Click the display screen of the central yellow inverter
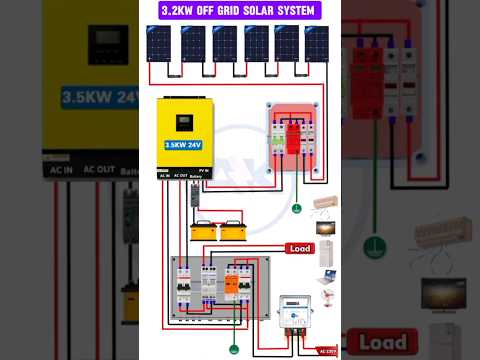point(184,123)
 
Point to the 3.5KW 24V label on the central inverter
point(184,144)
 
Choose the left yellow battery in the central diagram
point(206,232)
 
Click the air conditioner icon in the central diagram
point(325,203)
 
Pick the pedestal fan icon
point(326,299)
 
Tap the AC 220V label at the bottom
point(326,349)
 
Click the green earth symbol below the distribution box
point(234,348)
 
